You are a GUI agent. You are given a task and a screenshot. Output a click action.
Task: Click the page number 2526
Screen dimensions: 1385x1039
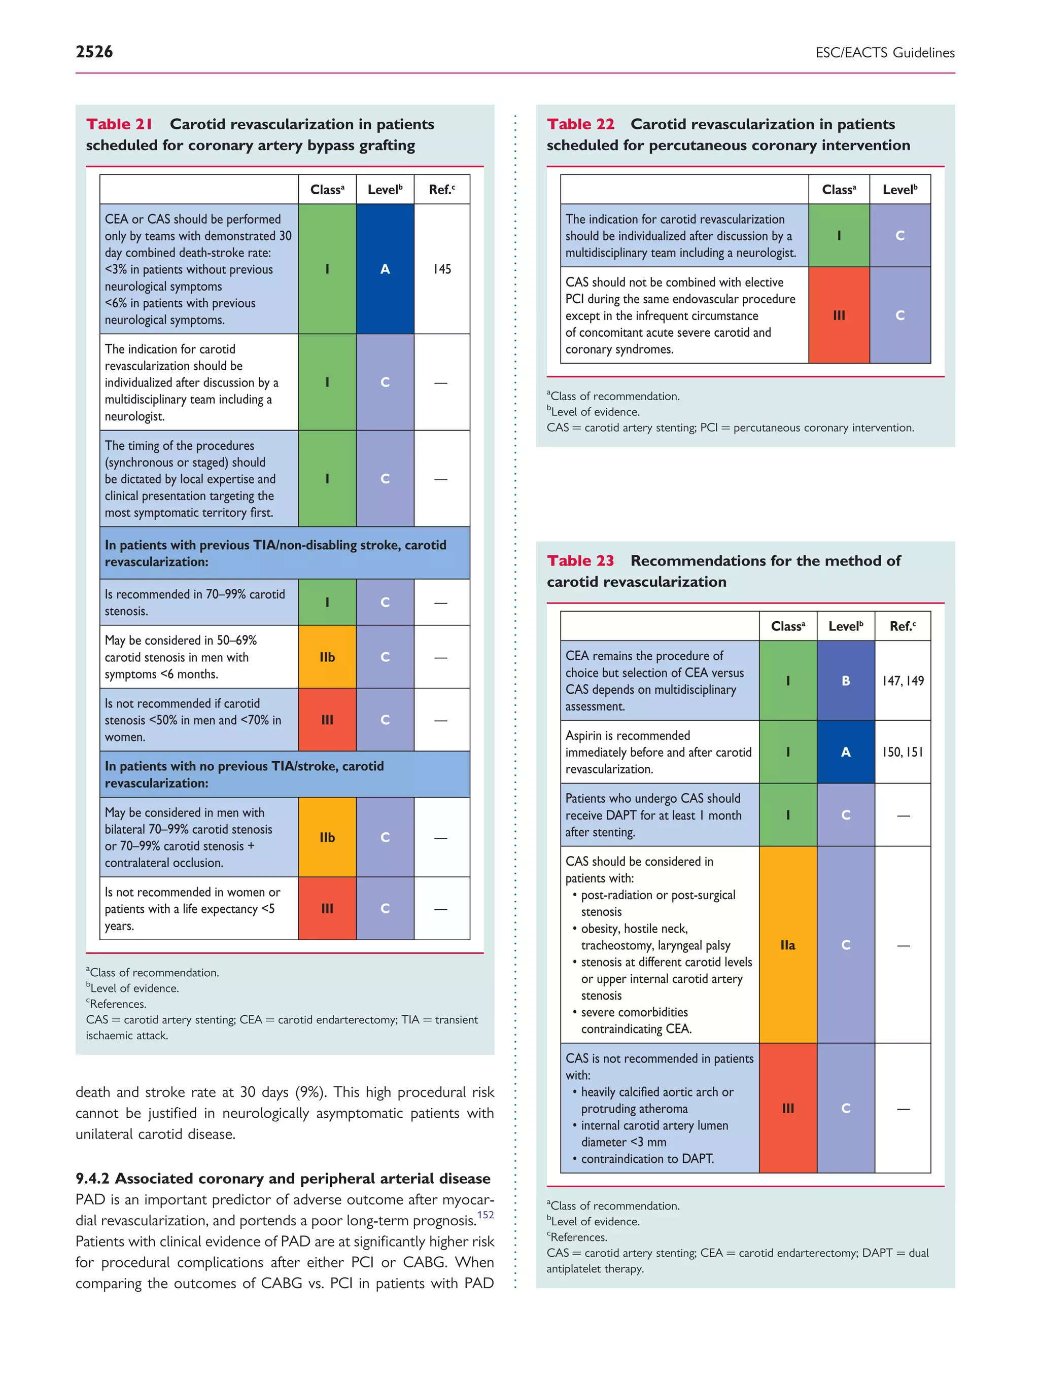(94, 52)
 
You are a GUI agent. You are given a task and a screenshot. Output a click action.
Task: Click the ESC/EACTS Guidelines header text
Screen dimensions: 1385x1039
(884, 53)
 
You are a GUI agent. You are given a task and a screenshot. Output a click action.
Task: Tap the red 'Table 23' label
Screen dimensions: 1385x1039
(580, 560)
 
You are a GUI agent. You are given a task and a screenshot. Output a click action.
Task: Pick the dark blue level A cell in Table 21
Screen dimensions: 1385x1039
(385, 269)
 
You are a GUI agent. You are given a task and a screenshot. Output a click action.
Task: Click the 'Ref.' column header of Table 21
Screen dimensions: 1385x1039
(441, 190)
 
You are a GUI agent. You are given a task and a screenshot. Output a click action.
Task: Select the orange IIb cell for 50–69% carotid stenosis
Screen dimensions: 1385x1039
(327, 657)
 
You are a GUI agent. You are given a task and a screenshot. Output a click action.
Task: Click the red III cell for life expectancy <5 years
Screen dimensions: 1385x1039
(327, 908)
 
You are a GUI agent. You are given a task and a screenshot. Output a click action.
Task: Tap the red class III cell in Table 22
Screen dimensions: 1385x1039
(839, 315)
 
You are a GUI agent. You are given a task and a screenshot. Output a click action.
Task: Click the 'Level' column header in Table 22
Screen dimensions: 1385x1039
(899, 190)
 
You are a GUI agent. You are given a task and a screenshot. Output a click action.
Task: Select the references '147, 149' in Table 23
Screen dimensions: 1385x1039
(903, 681)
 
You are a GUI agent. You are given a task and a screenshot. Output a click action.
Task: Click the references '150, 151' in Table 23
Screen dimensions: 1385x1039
(903, 752)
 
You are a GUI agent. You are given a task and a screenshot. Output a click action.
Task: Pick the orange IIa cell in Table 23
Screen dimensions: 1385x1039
(788, 945)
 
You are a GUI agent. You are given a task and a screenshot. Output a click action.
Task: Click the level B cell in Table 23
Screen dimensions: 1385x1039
(846, 681)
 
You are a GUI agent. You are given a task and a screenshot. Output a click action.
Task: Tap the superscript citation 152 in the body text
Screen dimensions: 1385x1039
(486, 1215)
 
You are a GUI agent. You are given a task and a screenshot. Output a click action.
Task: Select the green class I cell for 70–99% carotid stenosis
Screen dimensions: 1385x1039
(327, 602)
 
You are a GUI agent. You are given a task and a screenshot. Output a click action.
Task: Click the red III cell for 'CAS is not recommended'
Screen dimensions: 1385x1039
(788, 1108)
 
